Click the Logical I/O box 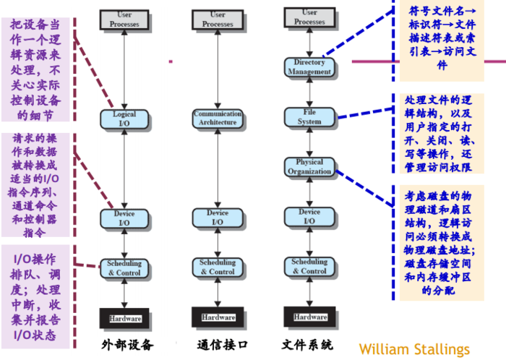pyautogui.click(x=124, y=119)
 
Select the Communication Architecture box pyautogui.click(x=217, y=119)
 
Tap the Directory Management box pyautogui.click(x=309, y=67)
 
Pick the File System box pyautogui.click(x=309, y=117)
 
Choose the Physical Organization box pyautogui.click(x=309, y=167)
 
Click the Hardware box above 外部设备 pyautogui.click(x=125, y=318)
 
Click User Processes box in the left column pyautogui.click(x=124, y=20)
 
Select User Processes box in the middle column pyautogui.click(x=218, y=20)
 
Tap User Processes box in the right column pyautogui.click(x=310, y=17)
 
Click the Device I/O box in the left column pyautogui.click(x=124, y=218)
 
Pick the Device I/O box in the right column pyautogui.click(x=309, y=217)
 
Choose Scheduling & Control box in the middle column pyautogui.click(x=217, y=267)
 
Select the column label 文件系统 pyautogui.click(x=309, y=344)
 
